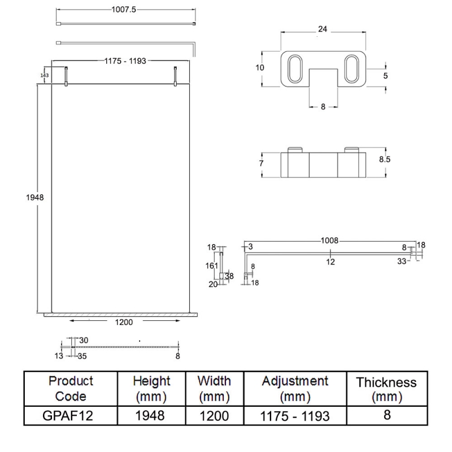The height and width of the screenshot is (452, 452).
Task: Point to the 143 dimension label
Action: pyautogui.click(x=44, y=75)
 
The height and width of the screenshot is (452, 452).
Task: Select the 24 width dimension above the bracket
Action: pyautogui.click(x=323, y=29)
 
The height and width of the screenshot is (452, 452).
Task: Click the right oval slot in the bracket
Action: pyautogui.click(x=350, y=70)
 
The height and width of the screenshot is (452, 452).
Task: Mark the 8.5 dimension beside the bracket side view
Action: pyautogui.click(x=385, y=159)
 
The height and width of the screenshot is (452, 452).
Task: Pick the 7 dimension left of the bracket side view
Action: pyautogui.click(x=261, y=163)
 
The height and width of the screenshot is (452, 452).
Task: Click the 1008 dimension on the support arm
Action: pyautogui.click(x=329, y=240)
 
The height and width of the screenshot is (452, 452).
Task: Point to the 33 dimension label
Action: pyautogui.click(x=402, y=261)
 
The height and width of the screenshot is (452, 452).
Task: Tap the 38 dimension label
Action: pyautogui.click(x=229, y=276)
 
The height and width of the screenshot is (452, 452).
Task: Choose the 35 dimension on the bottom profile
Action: pyautogui.click(x=82, y=356)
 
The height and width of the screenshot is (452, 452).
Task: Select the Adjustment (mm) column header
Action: pyautogui.click(x=295, y=388)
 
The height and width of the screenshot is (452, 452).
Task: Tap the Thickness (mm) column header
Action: pyautogui.click(x=386, y=389)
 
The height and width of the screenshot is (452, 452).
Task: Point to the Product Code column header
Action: pyautogui.click(x=71, y=388)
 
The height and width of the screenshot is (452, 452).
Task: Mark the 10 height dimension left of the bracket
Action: pyautogui.click(x=260, y=67)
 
